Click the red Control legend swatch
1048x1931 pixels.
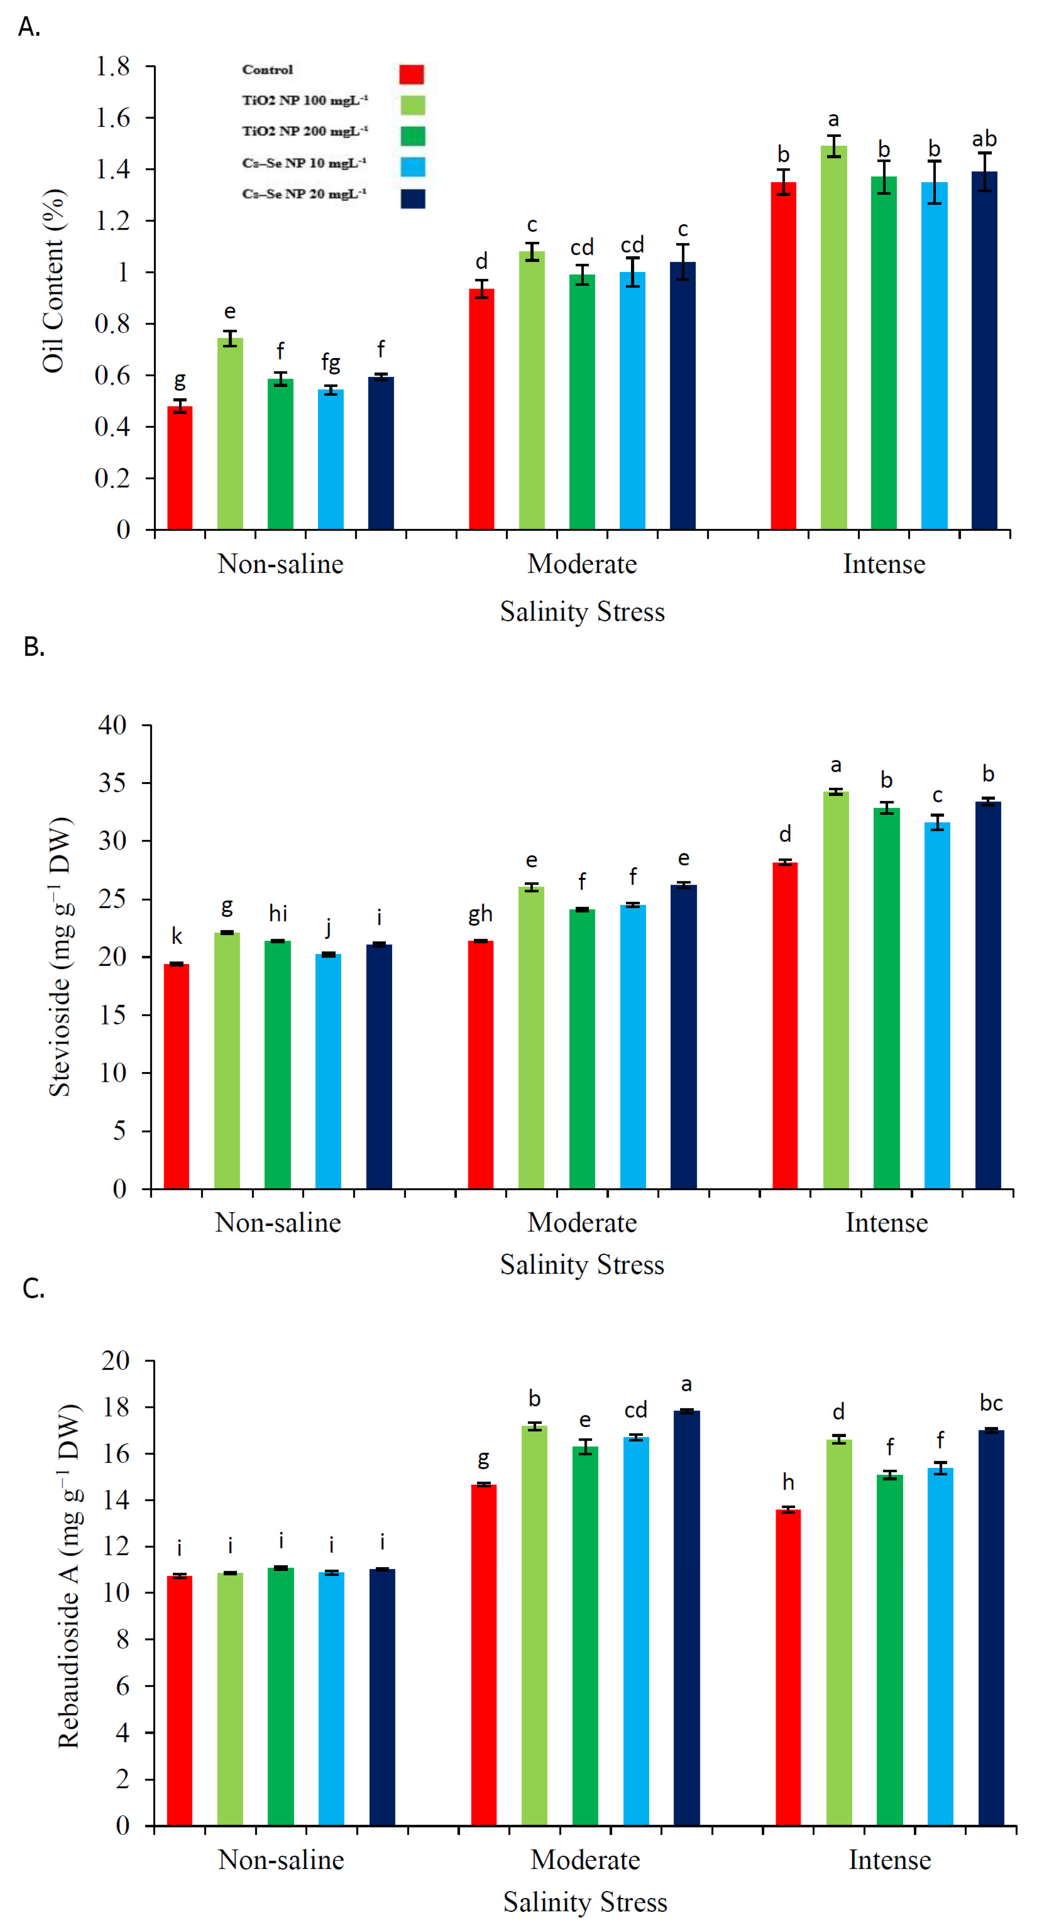(411, 74)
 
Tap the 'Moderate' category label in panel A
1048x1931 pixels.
(582, 564)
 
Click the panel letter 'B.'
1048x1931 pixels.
(34, 646)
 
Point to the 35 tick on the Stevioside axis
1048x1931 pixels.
(112, 782)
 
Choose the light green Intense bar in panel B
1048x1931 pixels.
(836, 989)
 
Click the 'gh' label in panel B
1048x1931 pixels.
(480, 914)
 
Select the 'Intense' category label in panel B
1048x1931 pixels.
(886, 1223)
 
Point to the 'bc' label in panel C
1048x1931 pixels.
(991, 1403)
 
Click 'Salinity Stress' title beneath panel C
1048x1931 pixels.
(585, 1902)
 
